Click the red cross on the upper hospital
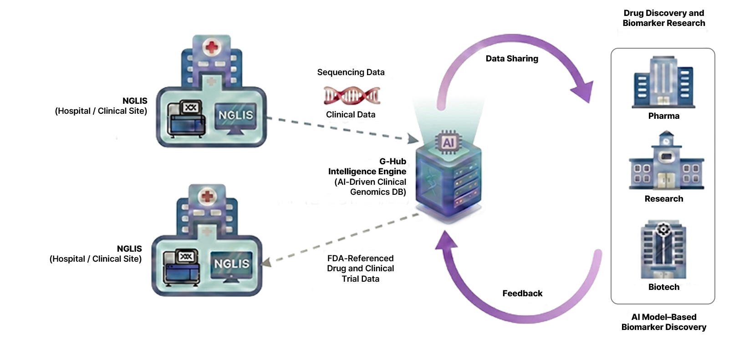211,47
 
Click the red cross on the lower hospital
207,197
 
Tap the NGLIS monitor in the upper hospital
235,117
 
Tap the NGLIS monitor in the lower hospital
232,265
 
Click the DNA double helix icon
352,95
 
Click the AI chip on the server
448,142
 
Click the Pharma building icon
663,82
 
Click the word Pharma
663,116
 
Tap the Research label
663,199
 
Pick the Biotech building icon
663,250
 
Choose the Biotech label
663,287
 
